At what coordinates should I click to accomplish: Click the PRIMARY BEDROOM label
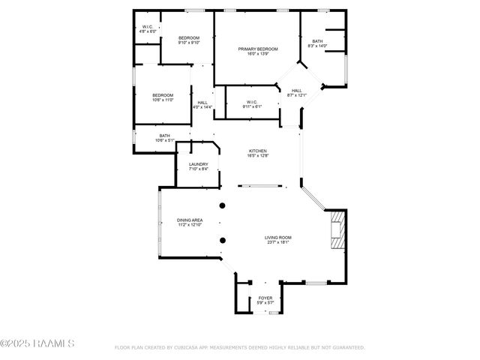258,49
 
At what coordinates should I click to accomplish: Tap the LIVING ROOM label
277,238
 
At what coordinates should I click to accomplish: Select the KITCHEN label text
258,150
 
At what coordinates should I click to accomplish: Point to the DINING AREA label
190,220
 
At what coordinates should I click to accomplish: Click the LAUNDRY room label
199,164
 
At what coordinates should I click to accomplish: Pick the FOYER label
265,298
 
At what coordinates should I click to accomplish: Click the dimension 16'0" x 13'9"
258,54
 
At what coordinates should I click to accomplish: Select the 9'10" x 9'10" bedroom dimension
188,43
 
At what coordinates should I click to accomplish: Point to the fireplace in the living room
338,230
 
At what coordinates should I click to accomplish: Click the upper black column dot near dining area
222,205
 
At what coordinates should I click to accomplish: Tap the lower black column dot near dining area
222,241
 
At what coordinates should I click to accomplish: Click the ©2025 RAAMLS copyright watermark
37,344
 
